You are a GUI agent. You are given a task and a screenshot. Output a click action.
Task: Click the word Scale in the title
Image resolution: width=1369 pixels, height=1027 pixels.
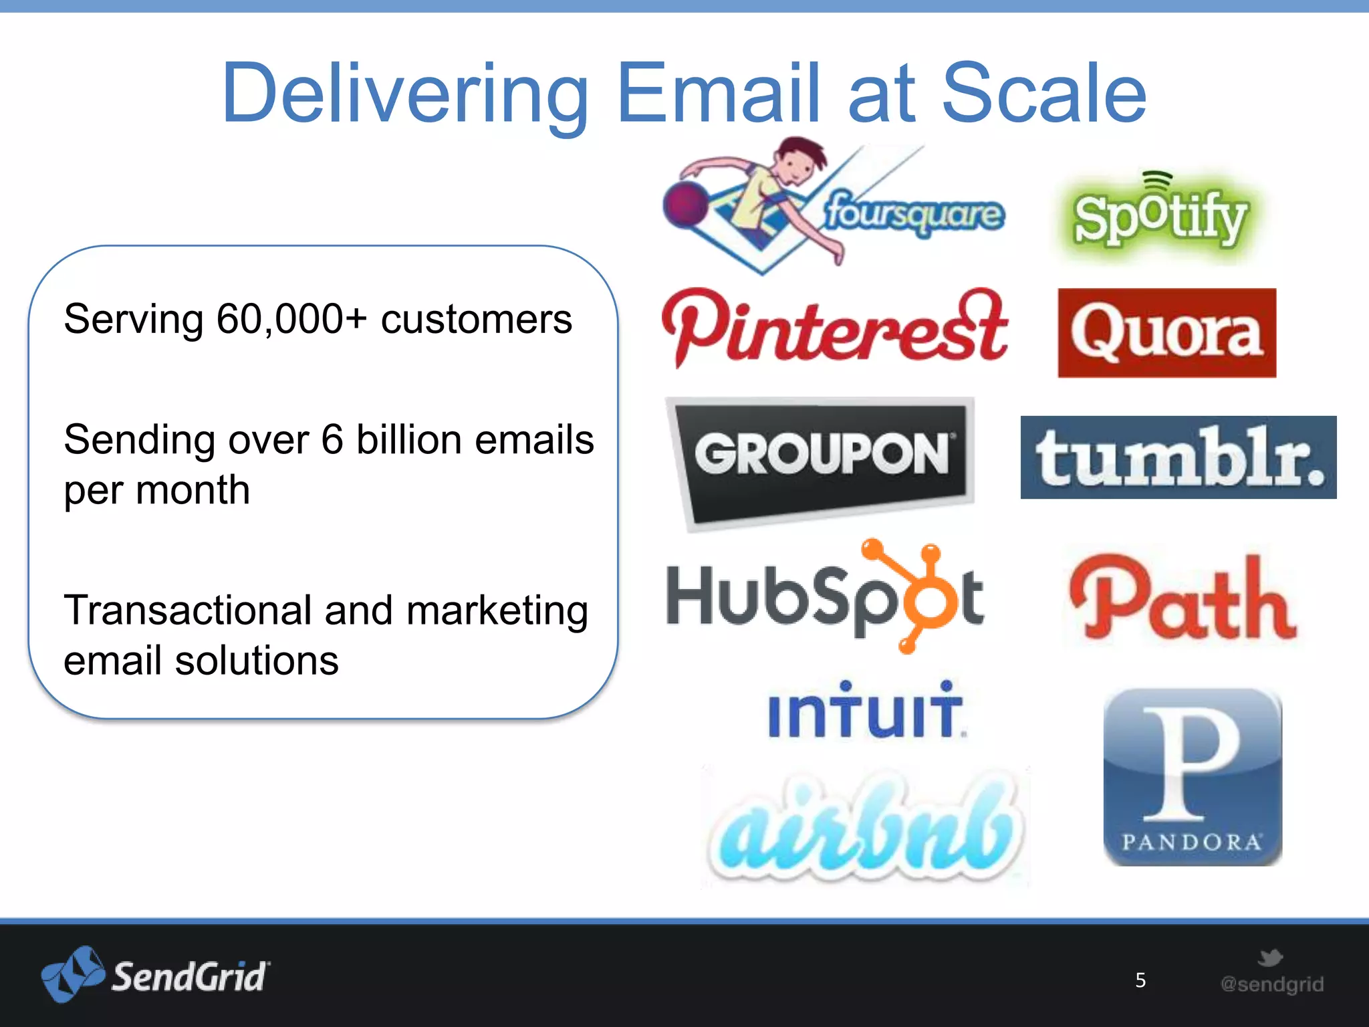pos(1044,94)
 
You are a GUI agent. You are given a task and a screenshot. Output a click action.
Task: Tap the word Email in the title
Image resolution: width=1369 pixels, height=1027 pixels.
pos(718,94)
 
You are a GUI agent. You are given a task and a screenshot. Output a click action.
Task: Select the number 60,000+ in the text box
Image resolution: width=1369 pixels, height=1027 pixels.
pos(291,319)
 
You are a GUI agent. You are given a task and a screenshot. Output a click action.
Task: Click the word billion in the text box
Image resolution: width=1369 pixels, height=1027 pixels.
pos(408,440)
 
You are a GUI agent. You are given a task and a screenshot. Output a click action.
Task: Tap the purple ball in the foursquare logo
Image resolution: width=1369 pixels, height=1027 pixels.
pos(686,204)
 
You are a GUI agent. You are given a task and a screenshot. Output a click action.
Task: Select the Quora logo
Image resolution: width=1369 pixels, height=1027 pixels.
pos(1166,333)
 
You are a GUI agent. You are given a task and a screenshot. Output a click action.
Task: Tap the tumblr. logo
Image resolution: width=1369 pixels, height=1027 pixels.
pos(1178,457)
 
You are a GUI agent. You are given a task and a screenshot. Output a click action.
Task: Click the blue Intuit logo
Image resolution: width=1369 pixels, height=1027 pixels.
pos(865,711)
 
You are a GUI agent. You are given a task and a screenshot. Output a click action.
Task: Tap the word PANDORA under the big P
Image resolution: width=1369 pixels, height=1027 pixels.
pos(1192,842)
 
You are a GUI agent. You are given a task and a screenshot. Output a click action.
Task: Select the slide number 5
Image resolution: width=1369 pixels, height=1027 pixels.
pos(1140,980)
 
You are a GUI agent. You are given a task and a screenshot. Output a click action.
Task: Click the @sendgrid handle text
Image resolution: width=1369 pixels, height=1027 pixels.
pos(1271,984)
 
